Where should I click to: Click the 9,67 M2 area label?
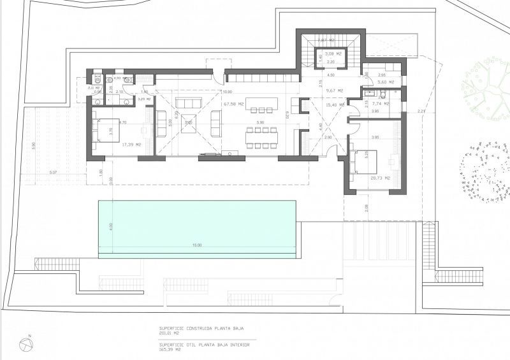coord(334,90)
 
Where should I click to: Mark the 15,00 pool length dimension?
coord(197,245)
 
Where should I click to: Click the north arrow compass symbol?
coord(26,344)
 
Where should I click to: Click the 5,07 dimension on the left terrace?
coord(52,173)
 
